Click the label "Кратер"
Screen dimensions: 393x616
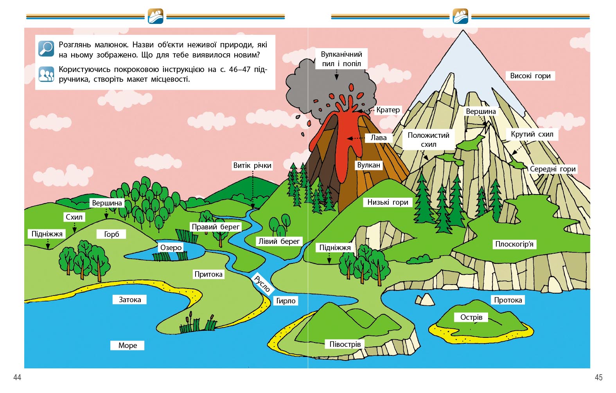[x=388, y=110]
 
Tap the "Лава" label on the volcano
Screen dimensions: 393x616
[x=378, y=138]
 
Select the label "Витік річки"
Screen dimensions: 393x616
[x=252, y=165]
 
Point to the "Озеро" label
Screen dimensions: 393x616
[x=171, y=247]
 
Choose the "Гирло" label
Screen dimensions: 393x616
[x=286, y=301]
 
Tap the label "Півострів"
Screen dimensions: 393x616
[x=345, y=344]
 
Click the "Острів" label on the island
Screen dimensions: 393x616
[x=471, y=317]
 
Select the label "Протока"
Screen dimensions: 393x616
[x=508, y=300]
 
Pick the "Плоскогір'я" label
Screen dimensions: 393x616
[x=514, y=244]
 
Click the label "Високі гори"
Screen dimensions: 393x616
[x=530, y=76]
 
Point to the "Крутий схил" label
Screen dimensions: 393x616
[x=532, y=134]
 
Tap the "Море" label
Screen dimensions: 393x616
[x=128, y=345]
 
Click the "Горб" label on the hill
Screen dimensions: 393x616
[x=111, y=234]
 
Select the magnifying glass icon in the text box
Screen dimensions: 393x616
[x=46, y=49]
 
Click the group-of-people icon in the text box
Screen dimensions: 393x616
[x=46, y=74]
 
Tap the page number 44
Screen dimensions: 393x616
[x=17, y=377]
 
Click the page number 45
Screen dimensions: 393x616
[x=598, y=377]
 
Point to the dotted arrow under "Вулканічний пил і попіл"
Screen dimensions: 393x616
[x=336, y=74]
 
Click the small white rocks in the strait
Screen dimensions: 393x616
[x=425, y=300]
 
